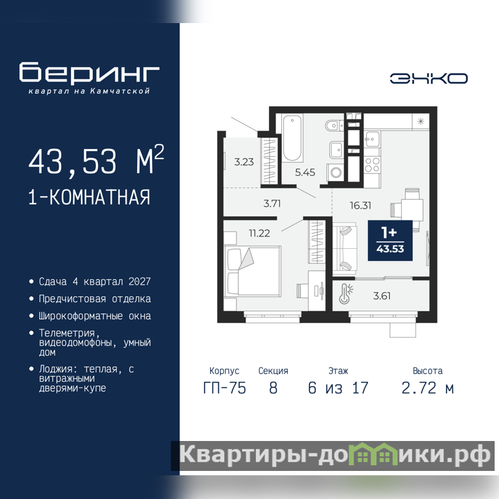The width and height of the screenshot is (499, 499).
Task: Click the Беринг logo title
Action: coord(89,72)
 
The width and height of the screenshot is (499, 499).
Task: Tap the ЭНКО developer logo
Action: coord(429,79)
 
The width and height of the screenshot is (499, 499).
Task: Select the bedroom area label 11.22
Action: coord(259,233)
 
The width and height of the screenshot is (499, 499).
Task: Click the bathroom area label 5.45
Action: coord(305,173)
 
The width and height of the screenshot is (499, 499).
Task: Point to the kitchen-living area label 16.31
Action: coord(361,206)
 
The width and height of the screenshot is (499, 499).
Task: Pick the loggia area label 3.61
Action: coord(382,296)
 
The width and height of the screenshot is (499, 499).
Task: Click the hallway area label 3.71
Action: coord(272,204)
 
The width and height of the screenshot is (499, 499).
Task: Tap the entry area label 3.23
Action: coord(244,162)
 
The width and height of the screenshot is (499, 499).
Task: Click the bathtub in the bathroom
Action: coord(292,138)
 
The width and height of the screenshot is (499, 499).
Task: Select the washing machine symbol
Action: coord(336,173)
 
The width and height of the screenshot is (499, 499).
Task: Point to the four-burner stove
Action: coord(372,165)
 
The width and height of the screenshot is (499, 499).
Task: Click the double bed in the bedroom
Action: coord(253,271)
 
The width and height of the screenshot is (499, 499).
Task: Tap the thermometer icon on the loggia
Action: coord(346,293)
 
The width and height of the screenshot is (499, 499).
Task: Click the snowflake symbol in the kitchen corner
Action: coord(420,121)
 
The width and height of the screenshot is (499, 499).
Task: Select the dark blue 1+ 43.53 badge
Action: coord(390,241)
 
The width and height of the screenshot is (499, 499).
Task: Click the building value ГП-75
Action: coord(225,388)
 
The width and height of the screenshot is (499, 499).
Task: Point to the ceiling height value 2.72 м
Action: coord(427,388)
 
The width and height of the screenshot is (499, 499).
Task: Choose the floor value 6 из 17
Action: coord(338,388)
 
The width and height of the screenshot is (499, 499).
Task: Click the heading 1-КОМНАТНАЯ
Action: coord(89,197)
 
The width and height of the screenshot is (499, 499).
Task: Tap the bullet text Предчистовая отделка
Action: coord(95,299)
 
